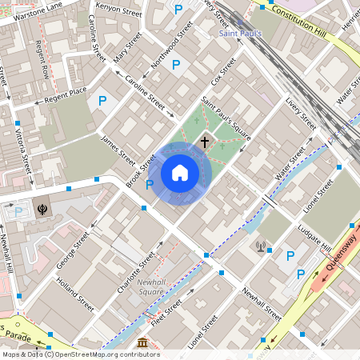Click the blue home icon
point(180,172)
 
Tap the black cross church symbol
point(205,142)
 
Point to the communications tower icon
point(260,246)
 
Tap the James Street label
point(118,149)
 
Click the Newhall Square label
point(150,286)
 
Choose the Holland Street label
point(74,294)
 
